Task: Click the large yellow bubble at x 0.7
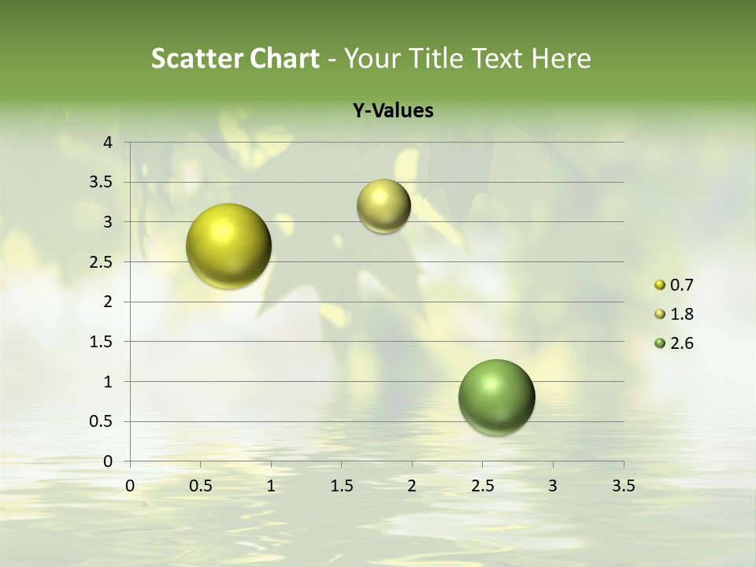tap(229, 246)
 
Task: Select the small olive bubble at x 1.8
tap(384, 206)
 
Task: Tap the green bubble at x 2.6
tap(496, 397)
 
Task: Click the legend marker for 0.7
tap(660, 285)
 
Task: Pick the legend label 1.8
tap(681, 314)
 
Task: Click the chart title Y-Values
tap(392, 111)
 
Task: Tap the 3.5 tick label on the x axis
tap(623, 486)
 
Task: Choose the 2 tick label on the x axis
tap(412, 486)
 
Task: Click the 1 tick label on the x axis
tap(271, 486)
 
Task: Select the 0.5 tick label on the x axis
tap(201, 486)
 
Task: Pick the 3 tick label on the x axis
tap(553, 486)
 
